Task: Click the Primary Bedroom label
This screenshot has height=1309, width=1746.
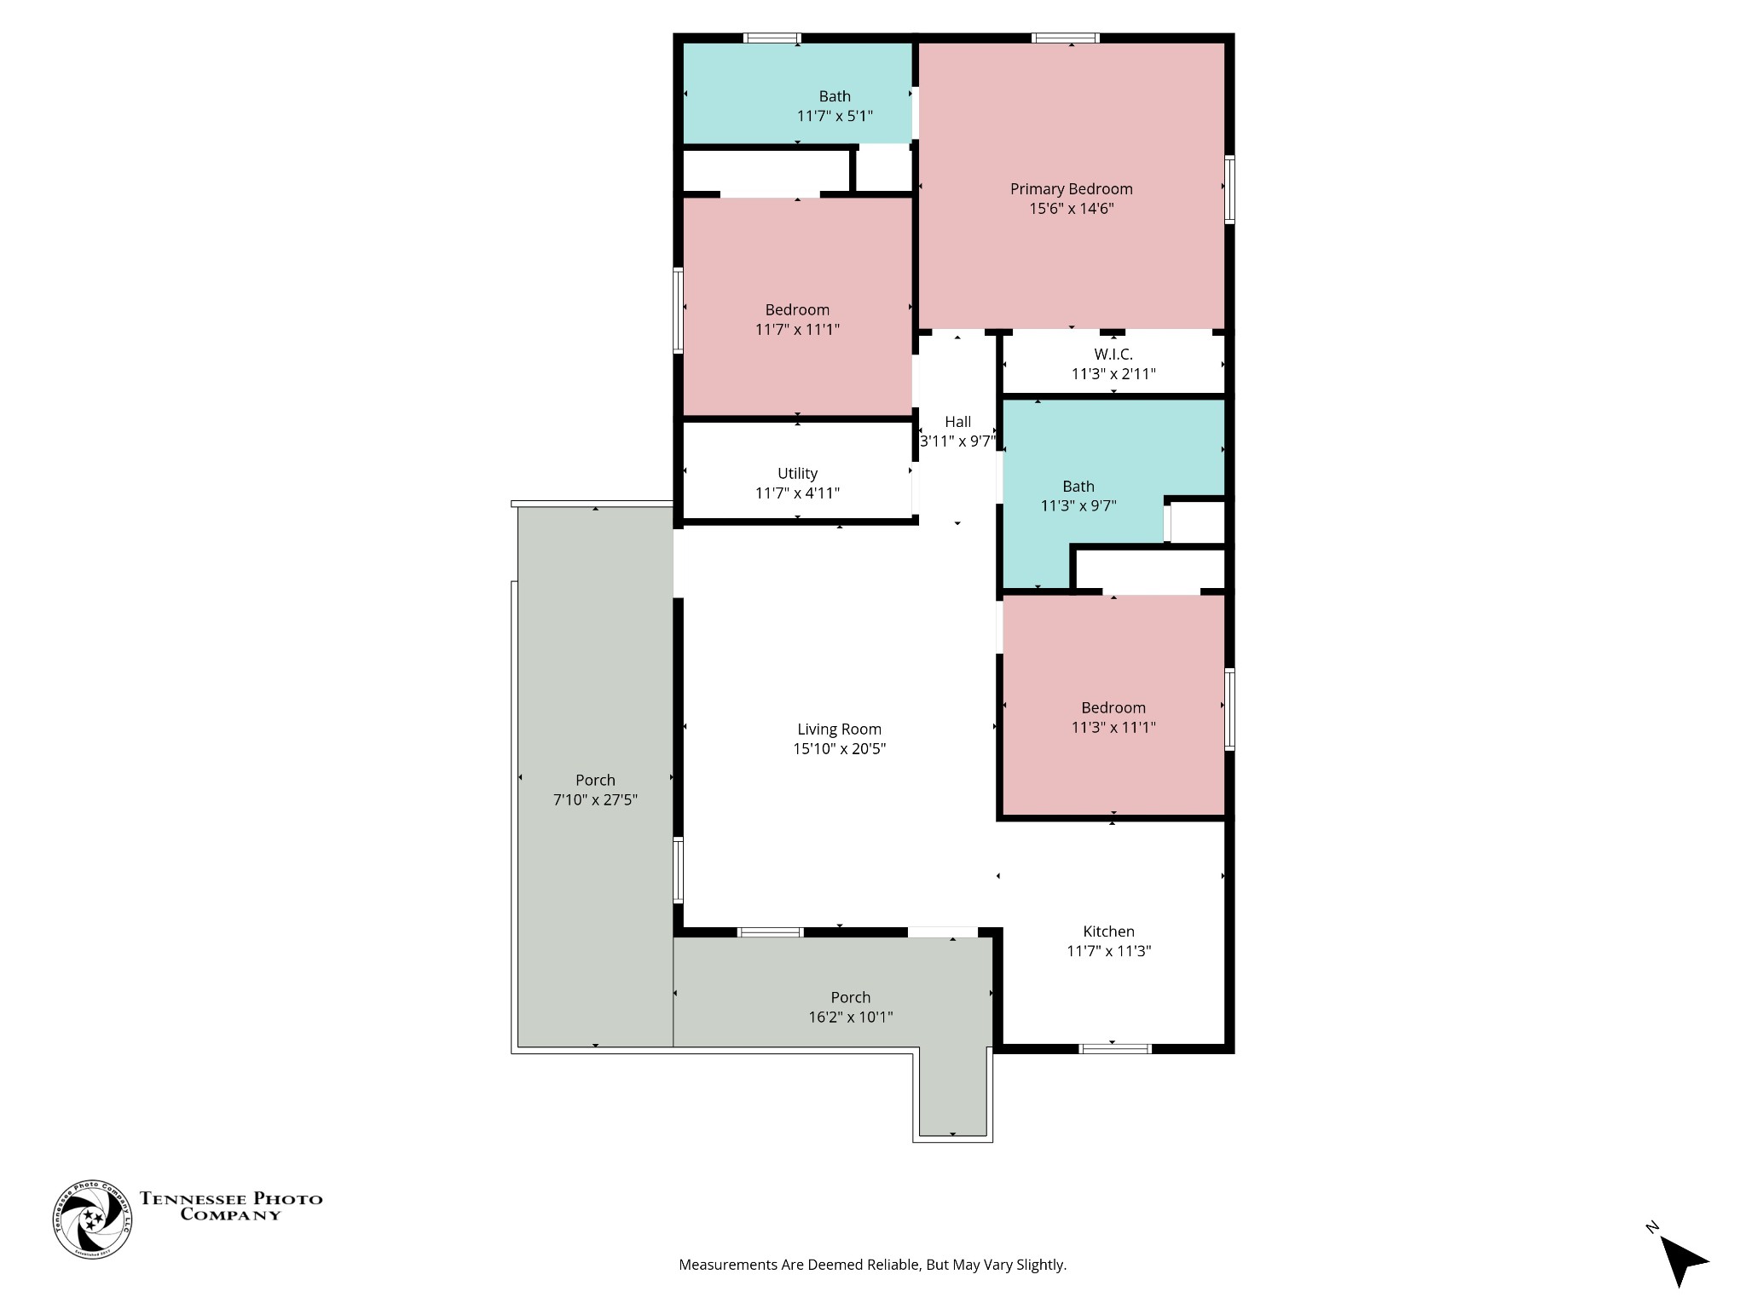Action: pos(1071,189)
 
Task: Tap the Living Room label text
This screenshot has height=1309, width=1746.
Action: pos(839,729)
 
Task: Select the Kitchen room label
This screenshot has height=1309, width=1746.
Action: pos(1108,931)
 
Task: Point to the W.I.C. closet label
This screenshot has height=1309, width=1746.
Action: pos(1113,355)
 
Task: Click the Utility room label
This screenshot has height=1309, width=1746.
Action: pos(797,474)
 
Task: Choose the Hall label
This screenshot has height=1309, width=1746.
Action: pos(957,422)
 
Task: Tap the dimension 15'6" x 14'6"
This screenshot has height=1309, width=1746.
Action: pos(1071,209)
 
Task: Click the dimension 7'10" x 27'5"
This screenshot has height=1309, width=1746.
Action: pos(595,800)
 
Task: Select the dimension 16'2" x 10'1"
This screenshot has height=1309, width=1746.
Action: pos(851,1017)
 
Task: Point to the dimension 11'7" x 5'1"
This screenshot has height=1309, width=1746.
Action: pos(835,116)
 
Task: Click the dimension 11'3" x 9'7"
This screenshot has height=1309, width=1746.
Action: pos(1078,506)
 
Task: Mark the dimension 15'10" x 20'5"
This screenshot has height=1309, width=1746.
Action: pos(839,749)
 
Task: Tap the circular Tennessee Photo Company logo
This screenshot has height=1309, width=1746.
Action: pos(93,1220)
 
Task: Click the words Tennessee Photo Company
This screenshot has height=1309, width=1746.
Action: pos(231,1206)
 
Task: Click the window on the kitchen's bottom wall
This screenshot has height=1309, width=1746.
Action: pos(1115,1048)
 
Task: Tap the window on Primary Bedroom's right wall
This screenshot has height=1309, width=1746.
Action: pos(1229,189)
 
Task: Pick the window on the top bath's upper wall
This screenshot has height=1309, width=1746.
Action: pos(772,37)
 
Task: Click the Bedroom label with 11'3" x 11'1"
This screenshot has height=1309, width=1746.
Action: pos(1113,708)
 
